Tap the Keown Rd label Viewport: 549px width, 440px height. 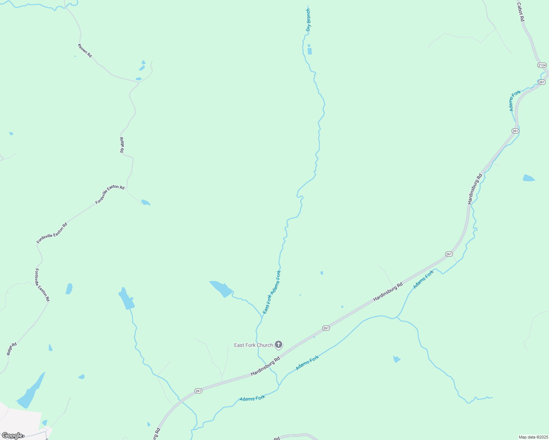pyautogui.click(x=85, y=51)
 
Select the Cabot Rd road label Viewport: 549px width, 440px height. pyautogui.click(x=520, y=12)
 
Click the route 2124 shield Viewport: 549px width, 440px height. pyautogui.click(x=542, y=65)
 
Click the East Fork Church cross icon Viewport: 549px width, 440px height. pyautogui.click(x=279, y=345)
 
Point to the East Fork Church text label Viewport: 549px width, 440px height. pyautogui.click(x=254, y=345)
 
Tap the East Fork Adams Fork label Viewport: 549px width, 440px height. pyautogui.click(x=272, y=292)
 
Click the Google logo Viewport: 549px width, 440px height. pyautogui.click(x=12, y=436)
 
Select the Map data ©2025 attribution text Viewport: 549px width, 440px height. pyautogui.click(x=533, y=437)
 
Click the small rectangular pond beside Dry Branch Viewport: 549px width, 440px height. pyautogui.click(x=310, y=51)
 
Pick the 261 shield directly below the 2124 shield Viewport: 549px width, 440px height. pyautogui.click(x=542, y=82)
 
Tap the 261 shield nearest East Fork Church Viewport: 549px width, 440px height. pyautogui.click(x=326, y=328)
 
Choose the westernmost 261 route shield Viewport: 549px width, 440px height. pyautogui.click(x=198, y=391)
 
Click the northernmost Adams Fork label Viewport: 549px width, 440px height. pyautogui.click(x=515, y=100)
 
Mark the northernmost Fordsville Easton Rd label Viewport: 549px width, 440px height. pyautogui.click(x=110, y=194)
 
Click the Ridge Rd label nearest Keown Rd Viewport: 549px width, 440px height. pyautogui.click(x=121, y=145)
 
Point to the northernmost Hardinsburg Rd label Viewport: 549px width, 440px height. pyautogui.click(x=475, y=189)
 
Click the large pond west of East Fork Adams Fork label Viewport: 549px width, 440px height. pyautogui.click(x=221, y=289)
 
